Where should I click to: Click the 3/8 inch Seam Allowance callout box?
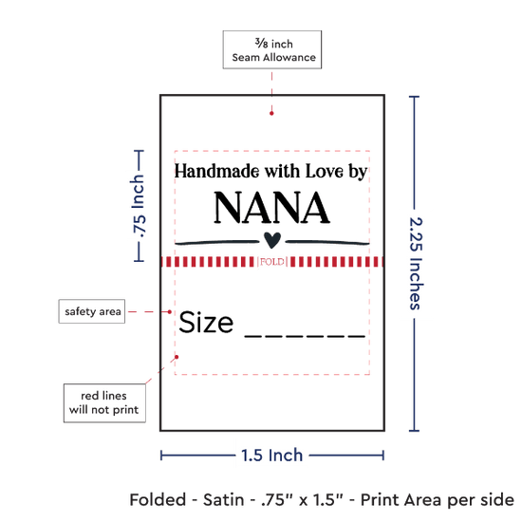click(x=272, y=49)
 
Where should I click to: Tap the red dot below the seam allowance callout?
click(x=271, y=114)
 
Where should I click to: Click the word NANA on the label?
click(x=271, y=208)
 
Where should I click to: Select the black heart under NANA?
click(x=272, y=240)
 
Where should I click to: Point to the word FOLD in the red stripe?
click(x=272, y=262)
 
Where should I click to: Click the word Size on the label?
click(x=206, y=322)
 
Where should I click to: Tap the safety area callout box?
click(x=92, y=311)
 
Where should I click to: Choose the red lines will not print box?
click(x=104, y=402)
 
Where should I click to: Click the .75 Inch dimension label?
click(x=139, y=206)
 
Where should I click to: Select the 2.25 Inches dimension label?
click(x=416, y=263)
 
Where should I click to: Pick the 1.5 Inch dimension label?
click(x=272, y=455)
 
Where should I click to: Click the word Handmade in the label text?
click(x=217, y=171)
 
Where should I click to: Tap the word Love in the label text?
click(x=325, y=171)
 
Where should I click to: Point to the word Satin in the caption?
click(x=223, y=500)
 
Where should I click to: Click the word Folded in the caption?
click(x=158, y=500)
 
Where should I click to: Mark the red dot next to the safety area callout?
click(x=170, y=312)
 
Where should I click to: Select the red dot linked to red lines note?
click(x=177, y=357)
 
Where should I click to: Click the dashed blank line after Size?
click(x=305, y=336)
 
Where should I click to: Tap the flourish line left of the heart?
click(x=217, y=242)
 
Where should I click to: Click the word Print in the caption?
click(x=383, y=500)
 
